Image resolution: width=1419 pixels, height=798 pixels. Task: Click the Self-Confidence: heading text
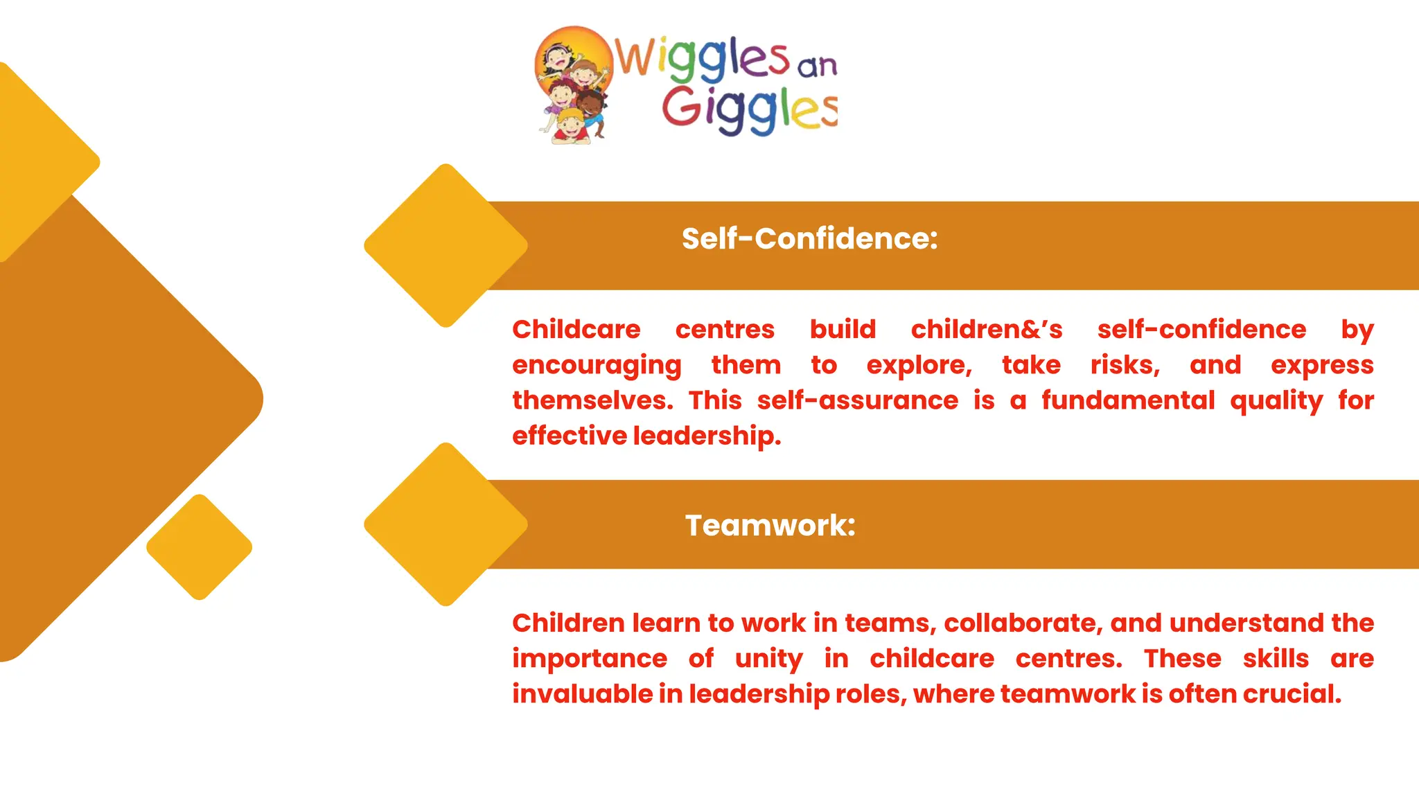pos(809,239)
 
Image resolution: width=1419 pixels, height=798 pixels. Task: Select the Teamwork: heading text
pos(770,525)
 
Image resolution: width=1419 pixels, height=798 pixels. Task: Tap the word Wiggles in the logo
pos(702,57)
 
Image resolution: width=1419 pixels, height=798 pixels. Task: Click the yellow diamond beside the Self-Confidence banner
pos(446,245)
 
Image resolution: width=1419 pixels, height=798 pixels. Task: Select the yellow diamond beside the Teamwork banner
pos(446,524)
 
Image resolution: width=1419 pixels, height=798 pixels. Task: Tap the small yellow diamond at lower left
pos(200,547)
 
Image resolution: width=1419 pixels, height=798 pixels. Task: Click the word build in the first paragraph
pos(843,330)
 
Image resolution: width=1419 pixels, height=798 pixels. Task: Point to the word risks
pos(1124,365)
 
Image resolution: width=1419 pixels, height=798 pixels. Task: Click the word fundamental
pos(1128,400)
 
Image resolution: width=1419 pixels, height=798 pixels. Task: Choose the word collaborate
pos(1021,623)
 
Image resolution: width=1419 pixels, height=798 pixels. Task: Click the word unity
pos(768,659)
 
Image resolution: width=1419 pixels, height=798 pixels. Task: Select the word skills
pos(1276,659)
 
